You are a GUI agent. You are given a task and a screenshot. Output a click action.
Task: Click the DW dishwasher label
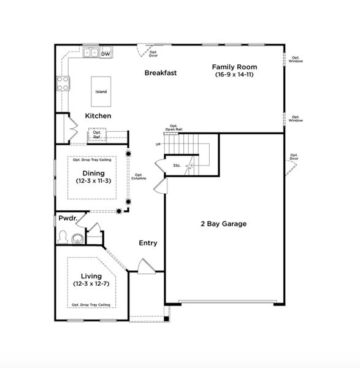[x=105, y=54]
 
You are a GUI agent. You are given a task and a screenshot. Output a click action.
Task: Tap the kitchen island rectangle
[x=101, y=92]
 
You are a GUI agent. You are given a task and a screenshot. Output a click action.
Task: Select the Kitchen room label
[x=98, y=115]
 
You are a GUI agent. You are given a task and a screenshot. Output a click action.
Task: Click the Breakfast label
[x=161, y=72]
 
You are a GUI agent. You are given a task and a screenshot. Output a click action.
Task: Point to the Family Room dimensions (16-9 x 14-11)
[x=234, y=74]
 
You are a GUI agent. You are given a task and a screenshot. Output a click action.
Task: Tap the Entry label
[x=148, y=243]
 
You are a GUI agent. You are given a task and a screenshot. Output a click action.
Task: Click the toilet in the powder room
[x=62, y=236]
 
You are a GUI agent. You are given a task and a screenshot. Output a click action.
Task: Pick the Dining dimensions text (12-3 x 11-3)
[x=93, y=181]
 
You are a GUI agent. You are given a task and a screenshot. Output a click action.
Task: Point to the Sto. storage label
[x=176, y=165]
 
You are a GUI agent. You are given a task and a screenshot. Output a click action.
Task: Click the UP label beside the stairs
[x=158, y=144]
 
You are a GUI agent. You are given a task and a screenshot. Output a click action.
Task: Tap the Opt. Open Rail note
[x=174, y=128]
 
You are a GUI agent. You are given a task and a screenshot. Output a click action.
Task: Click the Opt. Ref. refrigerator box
[x=96, y=134]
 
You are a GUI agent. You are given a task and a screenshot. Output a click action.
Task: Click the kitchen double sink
[x=91, y=53]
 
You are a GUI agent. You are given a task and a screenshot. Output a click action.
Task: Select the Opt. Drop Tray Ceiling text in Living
[x=91, y=304]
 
